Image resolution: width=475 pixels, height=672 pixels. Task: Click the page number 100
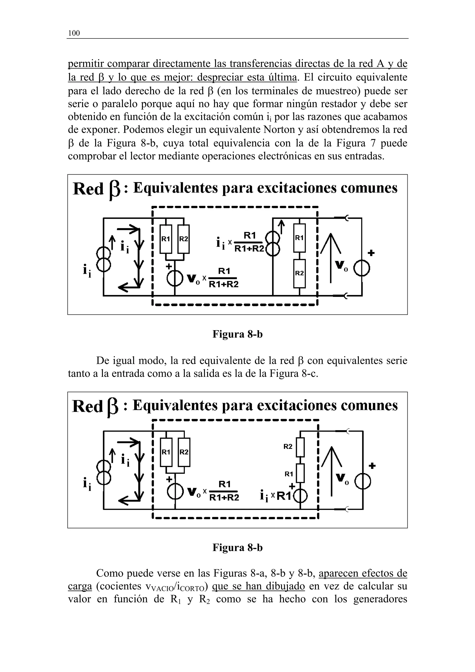tap(74, 33)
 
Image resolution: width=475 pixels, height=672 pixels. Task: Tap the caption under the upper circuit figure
tap(237, 334)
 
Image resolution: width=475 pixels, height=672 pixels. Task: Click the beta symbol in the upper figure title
tap(114, 190)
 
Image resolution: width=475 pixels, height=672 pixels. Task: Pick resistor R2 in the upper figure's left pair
tap(183, 239)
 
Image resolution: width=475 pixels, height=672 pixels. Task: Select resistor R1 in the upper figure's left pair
tap(166, 239)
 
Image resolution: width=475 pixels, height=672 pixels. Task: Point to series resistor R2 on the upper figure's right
tap(299, 273)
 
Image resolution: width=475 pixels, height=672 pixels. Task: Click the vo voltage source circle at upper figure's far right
tap(362, 268)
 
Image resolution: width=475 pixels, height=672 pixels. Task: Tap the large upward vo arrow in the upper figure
tap(331, 258)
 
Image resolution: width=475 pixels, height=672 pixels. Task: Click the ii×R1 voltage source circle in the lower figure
tap(301, 496)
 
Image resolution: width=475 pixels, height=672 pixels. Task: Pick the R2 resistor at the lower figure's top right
tap(301, 447)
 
